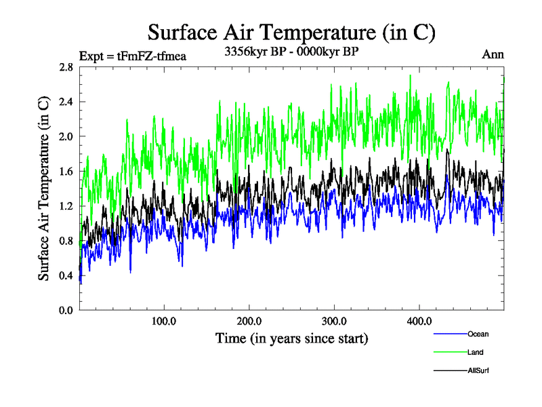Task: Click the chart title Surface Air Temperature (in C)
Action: [291, 32]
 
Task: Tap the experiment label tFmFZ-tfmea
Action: [132, 56]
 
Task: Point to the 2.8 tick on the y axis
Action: [66, 66]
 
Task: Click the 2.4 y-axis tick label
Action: [66, 102]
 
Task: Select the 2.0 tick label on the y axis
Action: [66, 136]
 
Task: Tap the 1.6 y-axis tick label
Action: [66, 171]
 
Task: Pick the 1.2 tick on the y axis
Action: [66, 206]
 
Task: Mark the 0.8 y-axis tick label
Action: [66, 241]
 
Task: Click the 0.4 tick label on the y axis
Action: [66, 275]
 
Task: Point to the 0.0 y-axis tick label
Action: [66, 310]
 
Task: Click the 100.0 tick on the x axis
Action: [164, 322]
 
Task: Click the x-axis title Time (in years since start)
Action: [291, 338]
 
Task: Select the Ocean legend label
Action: [478, 334]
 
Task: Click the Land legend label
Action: [475, 353]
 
